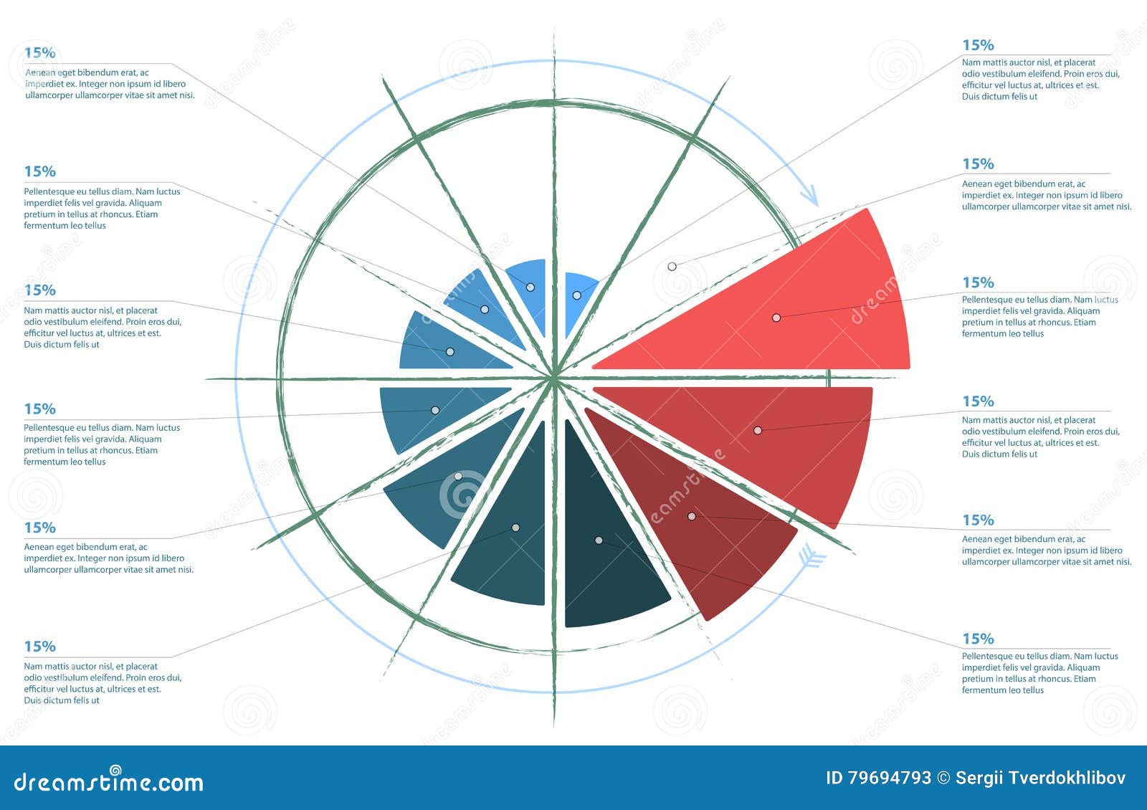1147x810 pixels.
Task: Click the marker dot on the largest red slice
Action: (776, 318)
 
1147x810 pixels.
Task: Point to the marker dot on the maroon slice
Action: (692, 516)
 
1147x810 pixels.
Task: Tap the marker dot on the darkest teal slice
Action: (599, 540)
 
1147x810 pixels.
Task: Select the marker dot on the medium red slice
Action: (758, 430)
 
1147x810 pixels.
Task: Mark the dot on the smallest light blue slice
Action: (576, 295)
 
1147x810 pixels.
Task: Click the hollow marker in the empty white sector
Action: (672, 267)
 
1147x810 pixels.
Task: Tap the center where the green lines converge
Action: (554, 378)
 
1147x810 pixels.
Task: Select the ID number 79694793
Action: (889, 778)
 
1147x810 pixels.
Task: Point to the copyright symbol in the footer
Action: (943, 778)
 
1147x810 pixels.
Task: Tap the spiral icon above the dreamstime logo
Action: (115, 770)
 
